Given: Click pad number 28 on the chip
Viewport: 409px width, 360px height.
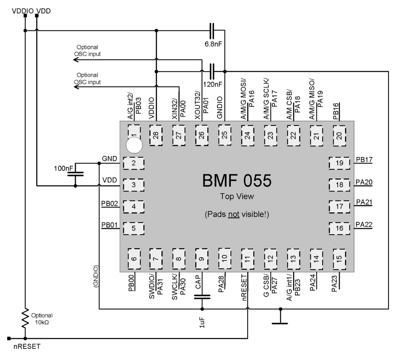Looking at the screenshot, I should coord(156,135).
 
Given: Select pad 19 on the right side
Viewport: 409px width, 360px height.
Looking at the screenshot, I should coord(340,162).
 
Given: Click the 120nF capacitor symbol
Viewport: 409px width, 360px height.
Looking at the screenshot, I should coord(213,71).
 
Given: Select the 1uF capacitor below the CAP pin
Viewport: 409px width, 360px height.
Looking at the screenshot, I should coord(202,296).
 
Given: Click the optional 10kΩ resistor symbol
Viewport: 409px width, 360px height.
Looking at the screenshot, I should coord(25,318).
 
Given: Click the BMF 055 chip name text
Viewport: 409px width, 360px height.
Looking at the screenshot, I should coord(237,180).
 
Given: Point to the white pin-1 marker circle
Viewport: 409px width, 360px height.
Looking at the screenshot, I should coord(134,146).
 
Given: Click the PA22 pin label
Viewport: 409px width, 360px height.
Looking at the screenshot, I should coord(364,224).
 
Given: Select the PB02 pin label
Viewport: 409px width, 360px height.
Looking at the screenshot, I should coord(109,204).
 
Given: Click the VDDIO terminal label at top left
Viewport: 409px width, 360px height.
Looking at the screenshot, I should coord(22,11).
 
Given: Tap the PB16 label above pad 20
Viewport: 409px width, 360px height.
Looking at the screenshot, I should coord(336,111).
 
